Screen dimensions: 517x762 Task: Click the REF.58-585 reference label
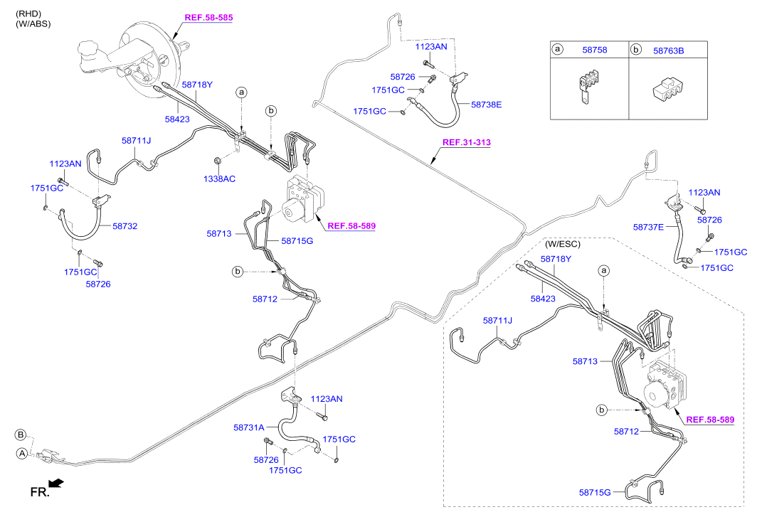click(208, 16)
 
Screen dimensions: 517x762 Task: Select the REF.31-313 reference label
click(466, 142)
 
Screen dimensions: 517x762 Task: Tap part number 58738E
click(487, 105)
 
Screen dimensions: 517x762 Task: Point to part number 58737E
click(648, 228)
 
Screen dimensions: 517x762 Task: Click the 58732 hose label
click(125, 226)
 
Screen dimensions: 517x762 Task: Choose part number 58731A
click(248, 427)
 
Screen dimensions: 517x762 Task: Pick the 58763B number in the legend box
click(668, 50)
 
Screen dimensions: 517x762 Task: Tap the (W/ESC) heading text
click(562, 244)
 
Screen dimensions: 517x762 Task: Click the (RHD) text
click(29, 14)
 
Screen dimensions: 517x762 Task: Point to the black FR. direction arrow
click(56, 484)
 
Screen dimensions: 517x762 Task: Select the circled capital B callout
click(21, 435)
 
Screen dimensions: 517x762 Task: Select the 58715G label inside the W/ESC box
click(596, 492)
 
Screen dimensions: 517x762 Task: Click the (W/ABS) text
click(33, 23)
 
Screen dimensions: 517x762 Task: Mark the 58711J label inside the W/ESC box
click(498, 321)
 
